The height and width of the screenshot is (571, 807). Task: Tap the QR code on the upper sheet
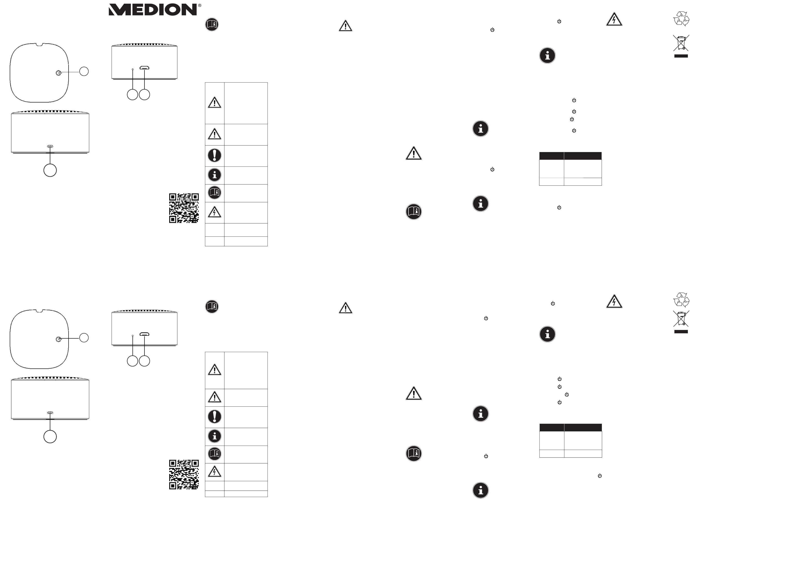(184, 208)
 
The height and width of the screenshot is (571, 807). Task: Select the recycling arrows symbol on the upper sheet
(681, 19)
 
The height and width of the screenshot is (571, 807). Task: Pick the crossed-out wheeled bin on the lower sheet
(681, 318)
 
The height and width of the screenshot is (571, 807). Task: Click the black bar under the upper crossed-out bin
(681, 56)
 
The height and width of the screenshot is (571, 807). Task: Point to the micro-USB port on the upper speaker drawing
(144, 68)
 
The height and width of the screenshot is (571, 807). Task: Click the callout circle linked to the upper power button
(84, 71)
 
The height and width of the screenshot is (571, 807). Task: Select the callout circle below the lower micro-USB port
(144, 361)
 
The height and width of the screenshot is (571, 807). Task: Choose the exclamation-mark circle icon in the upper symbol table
(214, 155)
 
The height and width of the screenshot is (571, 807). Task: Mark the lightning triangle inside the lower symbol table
(214, 471)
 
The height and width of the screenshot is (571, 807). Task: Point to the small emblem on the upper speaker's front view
(50, 146)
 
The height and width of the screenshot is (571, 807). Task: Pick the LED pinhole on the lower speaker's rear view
(133, 336)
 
